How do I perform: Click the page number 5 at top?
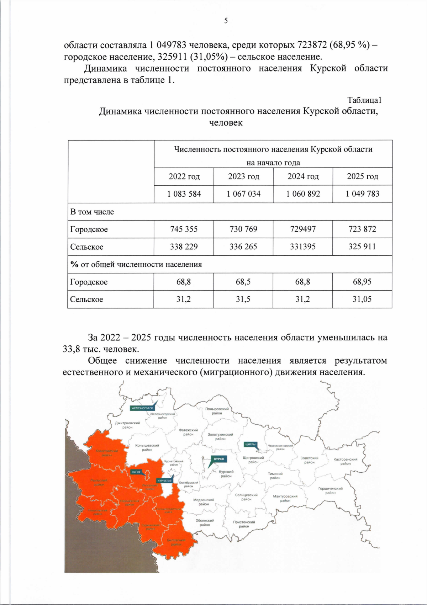[x=226, y=21]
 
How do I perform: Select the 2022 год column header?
[x=184, y=176]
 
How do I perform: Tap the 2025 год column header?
[x=362, y=176]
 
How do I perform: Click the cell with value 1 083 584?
[x=184, y=194]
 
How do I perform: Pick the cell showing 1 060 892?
[x=303, y=194]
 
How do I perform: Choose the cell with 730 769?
[x=243, y=229]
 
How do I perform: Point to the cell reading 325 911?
[x=362, y=246]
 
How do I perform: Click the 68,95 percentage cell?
[x=362, y=282]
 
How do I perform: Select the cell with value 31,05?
[x=362, y=299]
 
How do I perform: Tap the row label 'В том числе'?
[x=92, y=212]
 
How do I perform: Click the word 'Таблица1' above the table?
[x=364, y=100]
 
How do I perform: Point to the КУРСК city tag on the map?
[x=219, y=459]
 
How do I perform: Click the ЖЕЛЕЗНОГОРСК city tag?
[x=142, y=408]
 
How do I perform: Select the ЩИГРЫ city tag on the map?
[x=250, y=444]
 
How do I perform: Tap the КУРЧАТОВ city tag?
[x=164, y=481]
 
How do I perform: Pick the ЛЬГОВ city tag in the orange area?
[x=136, y=472]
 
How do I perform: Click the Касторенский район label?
[x=345, y=461]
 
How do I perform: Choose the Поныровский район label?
[x=217, y=411]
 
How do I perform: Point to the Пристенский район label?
[x=244, y=524]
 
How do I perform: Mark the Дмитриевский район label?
[x=127, y=425]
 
